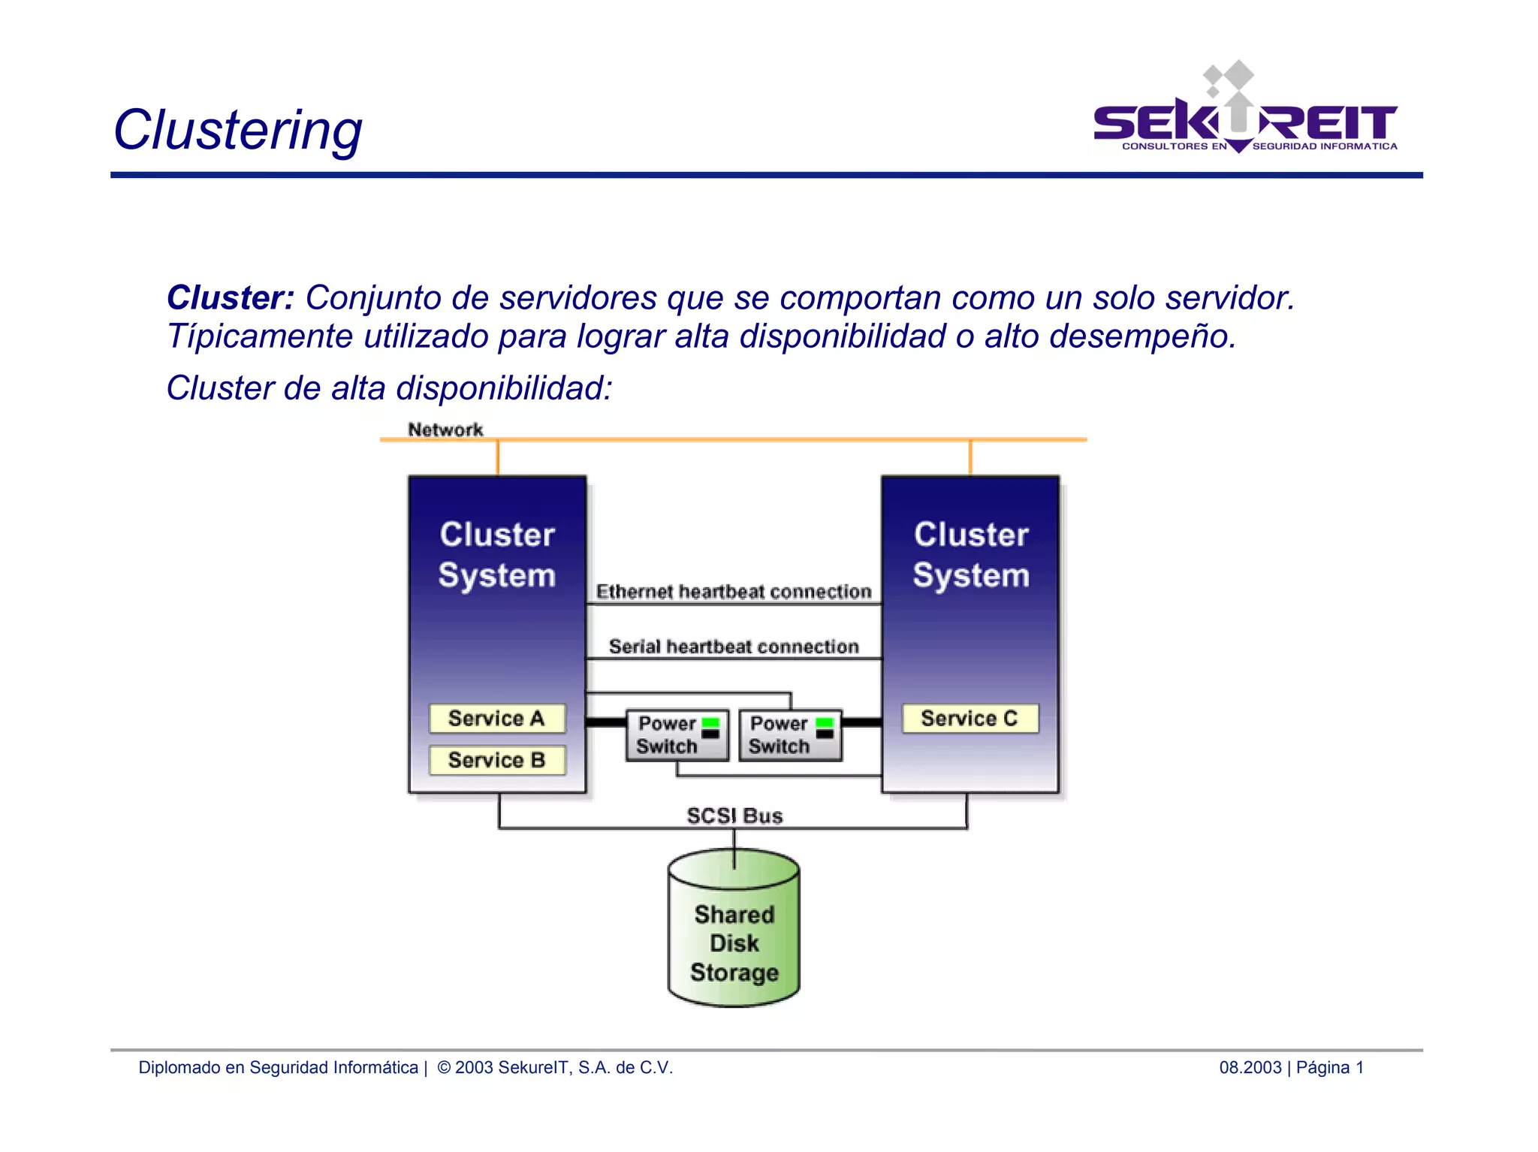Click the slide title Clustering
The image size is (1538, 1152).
coord(237,131)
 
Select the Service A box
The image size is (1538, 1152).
coord(496,719)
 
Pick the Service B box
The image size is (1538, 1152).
coord(496,760)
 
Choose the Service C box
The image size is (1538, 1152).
coord(970,719)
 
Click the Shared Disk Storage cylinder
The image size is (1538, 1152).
coord(734,931)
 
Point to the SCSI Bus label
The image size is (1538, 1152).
coord(734,816)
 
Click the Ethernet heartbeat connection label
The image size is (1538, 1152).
coord(733,592)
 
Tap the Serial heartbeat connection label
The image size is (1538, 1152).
coord(733,647)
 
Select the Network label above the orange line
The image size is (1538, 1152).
coord(445,430)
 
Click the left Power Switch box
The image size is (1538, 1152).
coord(676,735)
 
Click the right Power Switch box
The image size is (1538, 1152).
coord(789,735)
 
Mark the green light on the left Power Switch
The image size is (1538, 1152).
coord(710,722)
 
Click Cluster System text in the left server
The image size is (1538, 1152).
coord(497,555)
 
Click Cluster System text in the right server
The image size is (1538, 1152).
coord(971,555)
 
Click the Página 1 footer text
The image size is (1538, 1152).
coord(1329,1067)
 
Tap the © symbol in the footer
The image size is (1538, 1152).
coord(444,1067)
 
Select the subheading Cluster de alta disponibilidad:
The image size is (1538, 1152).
coord(389,389)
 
